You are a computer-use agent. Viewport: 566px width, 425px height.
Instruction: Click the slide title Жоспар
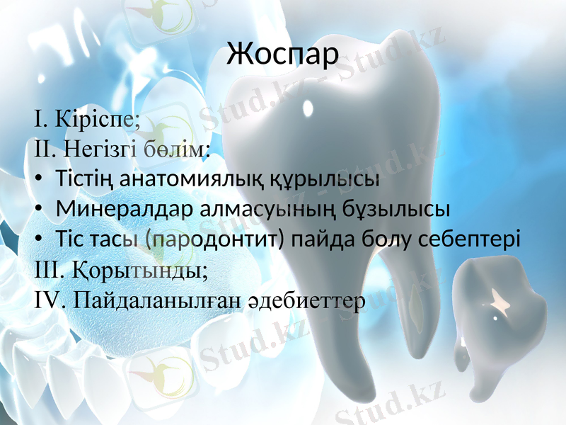tap(283, 55)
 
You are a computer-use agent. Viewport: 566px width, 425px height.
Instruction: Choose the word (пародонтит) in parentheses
tap(215, 239)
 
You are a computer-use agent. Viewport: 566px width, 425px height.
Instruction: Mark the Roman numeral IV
tap(47, 300)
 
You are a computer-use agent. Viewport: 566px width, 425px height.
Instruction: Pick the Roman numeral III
tap(48, 270)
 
